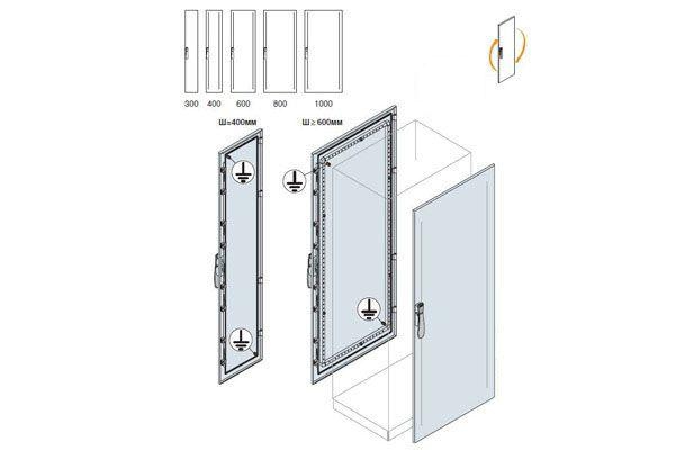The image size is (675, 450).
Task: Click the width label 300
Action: point(191,103)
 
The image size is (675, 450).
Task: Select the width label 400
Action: point(214,103)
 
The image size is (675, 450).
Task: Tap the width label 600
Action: point(243,103)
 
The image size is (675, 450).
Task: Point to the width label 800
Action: point(280,103)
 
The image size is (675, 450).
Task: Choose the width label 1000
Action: point(323,103)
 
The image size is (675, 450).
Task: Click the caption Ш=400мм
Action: point(238,122)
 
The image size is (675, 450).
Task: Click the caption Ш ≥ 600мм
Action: point(322,122)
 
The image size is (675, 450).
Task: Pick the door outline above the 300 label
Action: point(191,52)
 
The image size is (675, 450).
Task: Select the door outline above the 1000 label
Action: point(323,52)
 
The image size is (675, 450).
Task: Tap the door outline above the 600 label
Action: point(243,52)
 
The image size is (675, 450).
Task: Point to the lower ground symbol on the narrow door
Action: point(241,340)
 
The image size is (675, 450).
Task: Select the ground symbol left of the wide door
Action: point(294,181)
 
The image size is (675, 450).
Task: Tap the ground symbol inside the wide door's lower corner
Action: point(368,309)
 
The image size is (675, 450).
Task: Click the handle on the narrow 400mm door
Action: point(218,271)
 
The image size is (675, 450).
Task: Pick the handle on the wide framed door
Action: point(310,271)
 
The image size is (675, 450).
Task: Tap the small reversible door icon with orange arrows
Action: point(507,49)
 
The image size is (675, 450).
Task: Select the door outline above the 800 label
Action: point(280,52)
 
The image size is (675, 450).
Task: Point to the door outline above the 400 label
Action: point(214,52)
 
